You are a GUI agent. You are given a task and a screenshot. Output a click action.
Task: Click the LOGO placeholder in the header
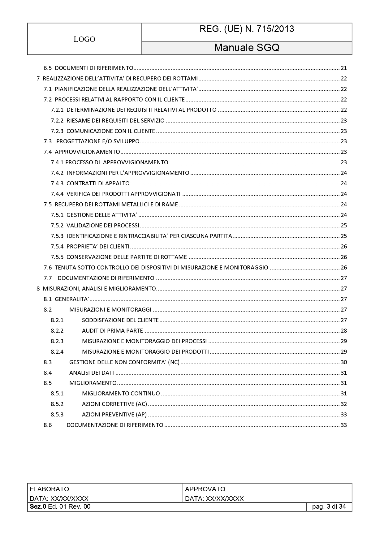(x=84, y=39)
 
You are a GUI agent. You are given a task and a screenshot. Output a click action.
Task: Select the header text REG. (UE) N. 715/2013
(x=247, y=29)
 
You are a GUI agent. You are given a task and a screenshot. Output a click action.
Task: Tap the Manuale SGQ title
(x=247, y=48)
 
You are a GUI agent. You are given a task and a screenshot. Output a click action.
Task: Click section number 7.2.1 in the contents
(x=57, y=110)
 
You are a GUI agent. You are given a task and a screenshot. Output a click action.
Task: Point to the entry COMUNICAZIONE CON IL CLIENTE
(x=110, y=131)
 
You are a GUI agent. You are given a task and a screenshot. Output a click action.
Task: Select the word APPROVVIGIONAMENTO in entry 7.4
(x=87, y=152)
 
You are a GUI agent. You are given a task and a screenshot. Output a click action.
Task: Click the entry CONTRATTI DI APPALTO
(x=98, y=183)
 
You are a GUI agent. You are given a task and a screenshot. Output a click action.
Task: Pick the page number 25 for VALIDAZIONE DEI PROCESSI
(x=343, y=226)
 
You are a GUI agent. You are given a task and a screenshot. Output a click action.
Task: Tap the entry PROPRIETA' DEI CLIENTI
(x=98, y=247)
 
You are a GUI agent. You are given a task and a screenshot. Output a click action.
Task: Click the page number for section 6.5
(x=343, y=68)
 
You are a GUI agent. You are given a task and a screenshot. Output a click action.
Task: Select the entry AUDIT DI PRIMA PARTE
(x=112, y=331)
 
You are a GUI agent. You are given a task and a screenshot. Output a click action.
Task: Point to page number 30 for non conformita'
(x=343, y=362)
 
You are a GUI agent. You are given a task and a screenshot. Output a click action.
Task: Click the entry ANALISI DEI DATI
(x=92, y=373)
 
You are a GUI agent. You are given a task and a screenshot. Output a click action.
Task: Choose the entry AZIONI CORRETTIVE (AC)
(x=114, y=404)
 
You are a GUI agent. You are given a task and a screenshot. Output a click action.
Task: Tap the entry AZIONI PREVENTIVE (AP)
(x=114, y=415)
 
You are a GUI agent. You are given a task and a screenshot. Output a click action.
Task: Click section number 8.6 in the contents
(x=48, y=425)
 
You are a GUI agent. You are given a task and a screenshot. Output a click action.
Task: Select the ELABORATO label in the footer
(x=49, y=489)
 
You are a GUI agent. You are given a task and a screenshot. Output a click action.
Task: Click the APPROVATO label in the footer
(x=205, y=489)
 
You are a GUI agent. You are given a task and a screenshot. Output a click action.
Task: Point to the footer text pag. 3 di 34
(x=329, y=506)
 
